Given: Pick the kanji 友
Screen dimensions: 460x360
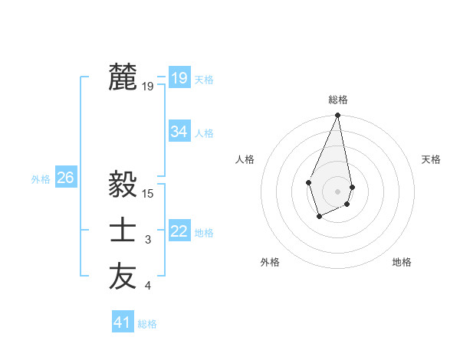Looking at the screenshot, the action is pos(123,277).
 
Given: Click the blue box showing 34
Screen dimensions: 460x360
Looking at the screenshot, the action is pos(179,132).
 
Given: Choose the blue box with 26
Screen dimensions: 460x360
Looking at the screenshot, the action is pos(65,178).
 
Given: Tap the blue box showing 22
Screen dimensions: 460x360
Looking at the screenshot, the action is pos(179,231).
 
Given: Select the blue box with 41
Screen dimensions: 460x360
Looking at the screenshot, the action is pos(122,322).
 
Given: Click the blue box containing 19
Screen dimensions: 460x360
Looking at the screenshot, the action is pos(179,78).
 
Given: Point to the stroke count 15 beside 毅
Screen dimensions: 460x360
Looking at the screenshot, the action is pos(149,195).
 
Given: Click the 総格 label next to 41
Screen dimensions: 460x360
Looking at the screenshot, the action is pos(147,324).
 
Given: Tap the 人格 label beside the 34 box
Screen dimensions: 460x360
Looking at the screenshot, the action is pos(204,133).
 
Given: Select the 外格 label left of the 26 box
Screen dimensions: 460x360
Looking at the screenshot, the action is pos(41,179).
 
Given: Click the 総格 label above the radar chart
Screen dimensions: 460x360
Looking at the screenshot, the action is pos(337,100).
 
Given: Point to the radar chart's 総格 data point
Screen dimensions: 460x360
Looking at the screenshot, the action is pos(337,116).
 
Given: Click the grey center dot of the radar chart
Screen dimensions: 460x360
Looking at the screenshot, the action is pos(337,190).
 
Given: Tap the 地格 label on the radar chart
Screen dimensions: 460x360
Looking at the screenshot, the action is pos(402,262).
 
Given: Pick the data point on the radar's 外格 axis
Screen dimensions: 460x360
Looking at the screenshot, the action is pos(319,218).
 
